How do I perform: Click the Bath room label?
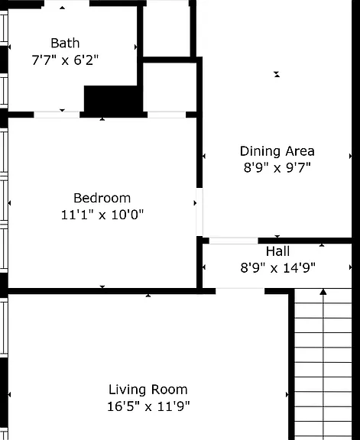point(65,44)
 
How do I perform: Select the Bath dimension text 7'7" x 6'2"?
point(65,60)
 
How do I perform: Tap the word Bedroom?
point(102,198)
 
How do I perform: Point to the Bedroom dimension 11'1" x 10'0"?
point(102,215)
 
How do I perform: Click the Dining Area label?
point(277,151)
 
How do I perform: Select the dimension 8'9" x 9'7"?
point(277,168)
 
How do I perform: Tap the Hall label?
point(277,251)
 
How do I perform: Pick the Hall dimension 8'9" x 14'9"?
point(277,267)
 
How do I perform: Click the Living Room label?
point(148,390)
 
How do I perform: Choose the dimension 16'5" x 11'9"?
point(148,406)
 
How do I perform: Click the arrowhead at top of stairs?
point(323,292)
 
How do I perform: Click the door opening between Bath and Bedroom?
point(57,115)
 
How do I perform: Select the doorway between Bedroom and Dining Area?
point(199,212)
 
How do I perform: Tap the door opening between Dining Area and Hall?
point(234,241)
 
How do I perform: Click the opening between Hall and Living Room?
point(240,291)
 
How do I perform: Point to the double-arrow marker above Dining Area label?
point(277,74)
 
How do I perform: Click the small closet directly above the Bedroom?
point(170,87)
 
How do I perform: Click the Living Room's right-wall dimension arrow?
point(287,395)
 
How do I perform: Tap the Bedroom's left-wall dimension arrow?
point(9,203)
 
